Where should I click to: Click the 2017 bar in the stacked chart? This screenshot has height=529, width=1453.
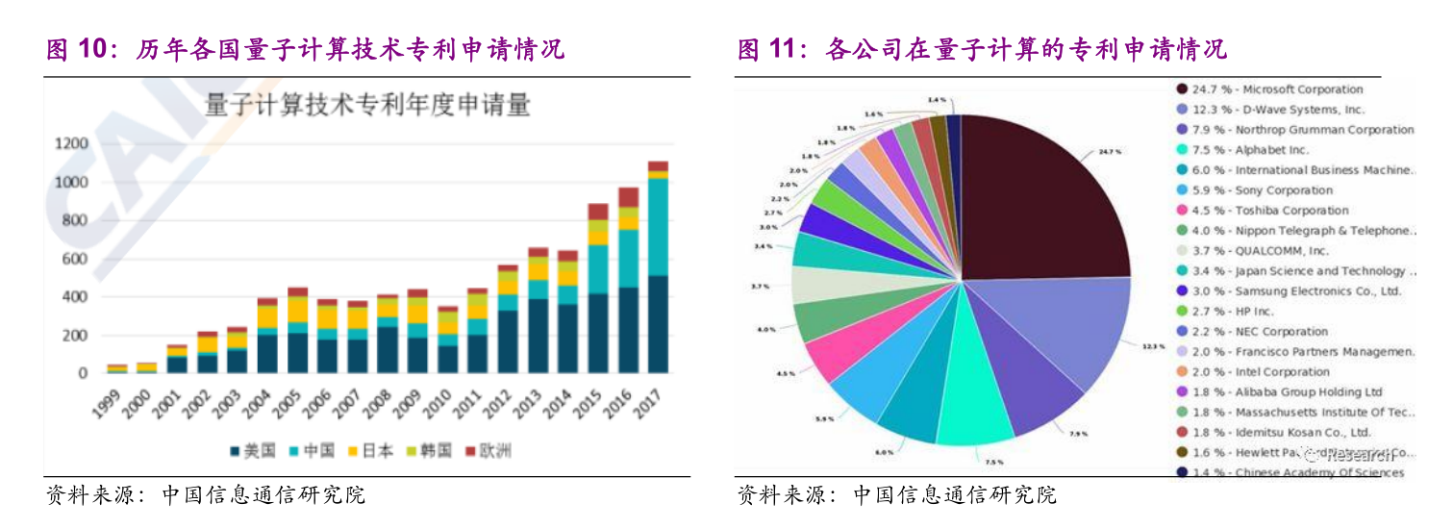pos(658,269)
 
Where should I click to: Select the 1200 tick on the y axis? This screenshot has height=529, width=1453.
pos(70,144)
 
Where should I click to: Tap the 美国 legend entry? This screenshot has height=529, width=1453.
pos(253,451)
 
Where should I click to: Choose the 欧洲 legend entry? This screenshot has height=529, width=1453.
pos(488,451)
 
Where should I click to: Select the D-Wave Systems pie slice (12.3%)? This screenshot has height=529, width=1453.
pos(1058,332)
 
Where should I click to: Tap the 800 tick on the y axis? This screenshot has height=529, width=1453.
pos(73,220)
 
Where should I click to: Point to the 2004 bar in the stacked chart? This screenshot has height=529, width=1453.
pos(267,337)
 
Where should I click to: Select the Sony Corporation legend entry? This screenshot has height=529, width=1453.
pos(1249,190)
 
